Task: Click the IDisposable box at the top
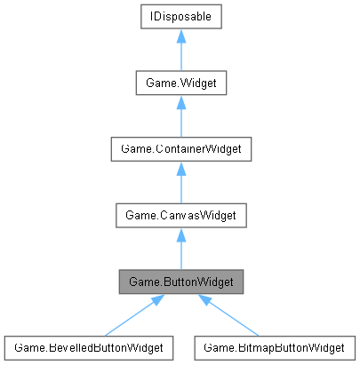(x=180, y=17)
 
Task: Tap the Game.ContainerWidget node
(x=180, y=148)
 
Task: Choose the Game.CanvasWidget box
(x=180, y=214)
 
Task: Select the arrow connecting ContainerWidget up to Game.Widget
(x=180, y=121)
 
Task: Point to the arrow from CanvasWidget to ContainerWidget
(x=180, y=186)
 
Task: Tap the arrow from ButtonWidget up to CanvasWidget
(x=180, y=253)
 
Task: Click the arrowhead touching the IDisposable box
(x=180, y=36)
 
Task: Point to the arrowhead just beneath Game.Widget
(x=180, y=101)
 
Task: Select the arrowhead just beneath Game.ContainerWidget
(x=180, y=167)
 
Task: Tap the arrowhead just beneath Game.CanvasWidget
(x=180, y=233)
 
